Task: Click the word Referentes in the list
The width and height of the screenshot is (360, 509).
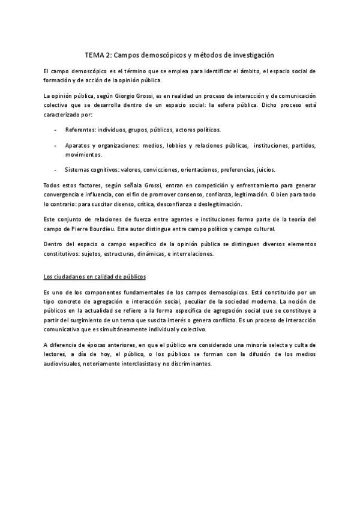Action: [x=79, y=130]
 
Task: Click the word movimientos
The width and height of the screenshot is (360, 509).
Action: [x=83, y=154]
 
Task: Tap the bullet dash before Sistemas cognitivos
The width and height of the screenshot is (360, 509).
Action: [x=56, y=170]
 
